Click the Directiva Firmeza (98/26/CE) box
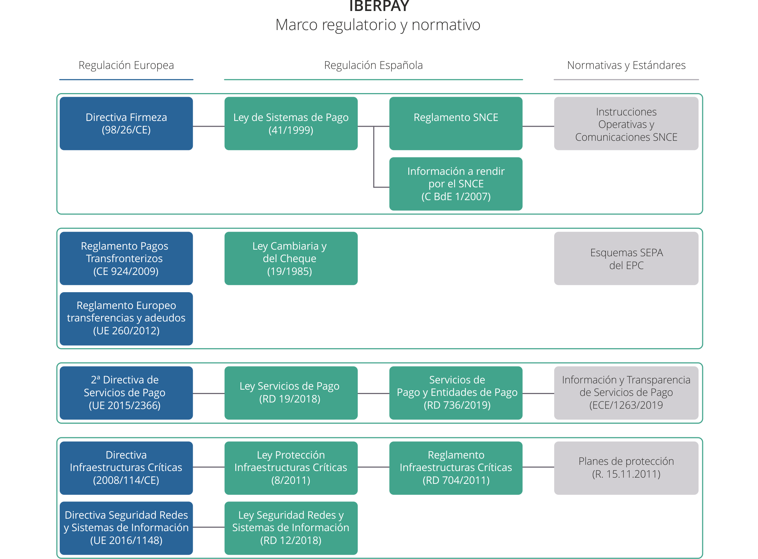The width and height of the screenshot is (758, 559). [x=126, y=124]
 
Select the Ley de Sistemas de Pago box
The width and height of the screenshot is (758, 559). [x=291, y=124]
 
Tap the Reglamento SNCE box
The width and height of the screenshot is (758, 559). [x=456, y=124]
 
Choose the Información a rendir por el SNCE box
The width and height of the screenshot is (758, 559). [x=456, y=184]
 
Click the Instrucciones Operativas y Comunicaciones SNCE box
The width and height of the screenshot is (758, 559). [x=626, y=124]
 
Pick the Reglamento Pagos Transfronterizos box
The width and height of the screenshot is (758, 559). [x=126, y=258]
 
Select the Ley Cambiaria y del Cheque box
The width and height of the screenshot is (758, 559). [x=291, y=258]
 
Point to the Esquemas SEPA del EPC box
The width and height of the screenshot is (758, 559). [x=626, y=258]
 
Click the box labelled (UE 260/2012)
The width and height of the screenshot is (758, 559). [x=126, y=319]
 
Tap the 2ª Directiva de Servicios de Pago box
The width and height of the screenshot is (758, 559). [x=126, y=393]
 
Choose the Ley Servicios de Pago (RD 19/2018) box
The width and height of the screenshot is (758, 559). [x=291, y=393]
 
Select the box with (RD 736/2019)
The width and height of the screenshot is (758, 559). [x=456, y=393]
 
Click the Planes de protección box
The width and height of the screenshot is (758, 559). [x=626, y=468]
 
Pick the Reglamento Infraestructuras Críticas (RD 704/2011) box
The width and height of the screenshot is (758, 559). [x=456, y=468]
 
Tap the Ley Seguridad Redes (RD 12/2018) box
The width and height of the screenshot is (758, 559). [x=291, y=528]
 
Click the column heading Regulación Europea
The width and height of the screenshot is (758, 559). [x=126, y=65]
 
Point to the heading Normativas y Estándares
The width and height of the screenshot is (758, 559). [x=626, y=65]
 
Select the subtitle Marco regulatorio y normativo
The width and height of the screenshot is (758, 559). [x=378, y=25]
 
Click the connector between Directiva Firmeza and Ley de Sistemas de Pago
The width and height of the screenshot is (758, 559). [x=209, y=126]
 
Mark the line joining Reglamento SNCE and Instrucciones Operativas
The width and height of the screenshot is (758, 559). [x=538, y=126]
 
